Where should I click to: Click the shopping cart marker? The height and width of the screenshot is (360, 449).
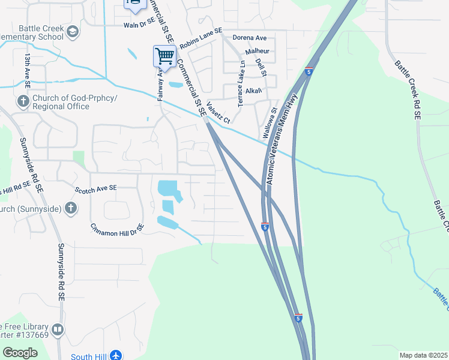(164, 56)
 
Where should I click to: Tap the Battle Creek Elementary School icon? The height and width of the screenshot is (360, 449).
(73, 32)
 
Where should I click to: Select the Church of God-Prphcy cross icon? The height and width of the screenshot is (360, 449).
(24, 101)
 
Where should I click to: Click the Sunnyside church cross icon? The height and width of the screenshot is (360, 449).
(71, 208)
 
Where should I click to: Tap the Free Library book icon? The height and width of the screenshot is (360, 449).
(58, 329)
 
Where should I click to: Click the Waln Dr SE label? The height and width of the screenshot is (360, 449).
(139, 25)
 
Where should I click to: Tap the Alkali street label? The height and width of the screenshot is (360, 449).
(254, 91)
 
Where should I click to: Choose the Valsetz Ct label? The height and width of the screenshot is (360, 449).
(218, 112)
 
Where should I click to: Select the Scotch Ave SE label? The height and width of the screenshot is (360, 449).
(96, 188)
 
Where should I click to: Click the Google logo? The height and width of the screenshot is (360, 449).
(20, 352)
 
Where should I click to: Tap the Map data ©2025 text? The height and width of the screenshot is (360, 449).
(423, 355)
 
